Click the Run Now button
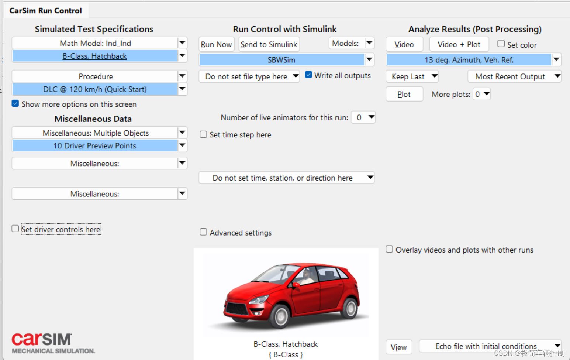click(216, 44)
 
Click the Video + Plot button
click(459, 44)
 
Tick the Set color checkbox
click(501, 44)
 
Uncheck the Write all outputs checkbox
click(308, 75)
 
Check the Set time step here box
click(203, 134)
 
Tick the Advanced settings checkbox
click(203, 232)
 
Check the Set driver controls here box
click(15, 229)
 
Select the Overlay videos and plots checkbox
click(389, 249)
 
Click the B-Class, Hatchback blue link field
click(95, 56)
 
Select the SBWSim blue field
click(281, 60)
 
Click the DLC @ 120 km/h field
click(95, 89)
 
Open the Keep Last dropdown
click(412, 76)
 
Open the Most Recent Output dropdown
click(515, 76)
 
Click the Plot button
click(404, 94)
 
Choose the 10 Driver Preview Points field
click(95, 145)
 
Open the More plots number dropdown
click(481, 94)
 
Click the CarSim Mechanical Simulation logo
click(53, 343)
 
